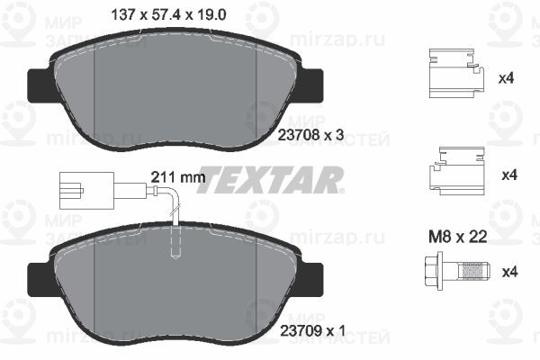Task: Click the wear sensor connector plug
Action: coord(72,190)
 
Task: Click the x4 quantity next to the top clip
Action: coord(507,79)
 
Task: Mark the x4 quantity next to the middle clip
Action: coord(507,173)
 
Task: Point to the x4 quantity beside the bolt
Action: coord(507,271)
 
